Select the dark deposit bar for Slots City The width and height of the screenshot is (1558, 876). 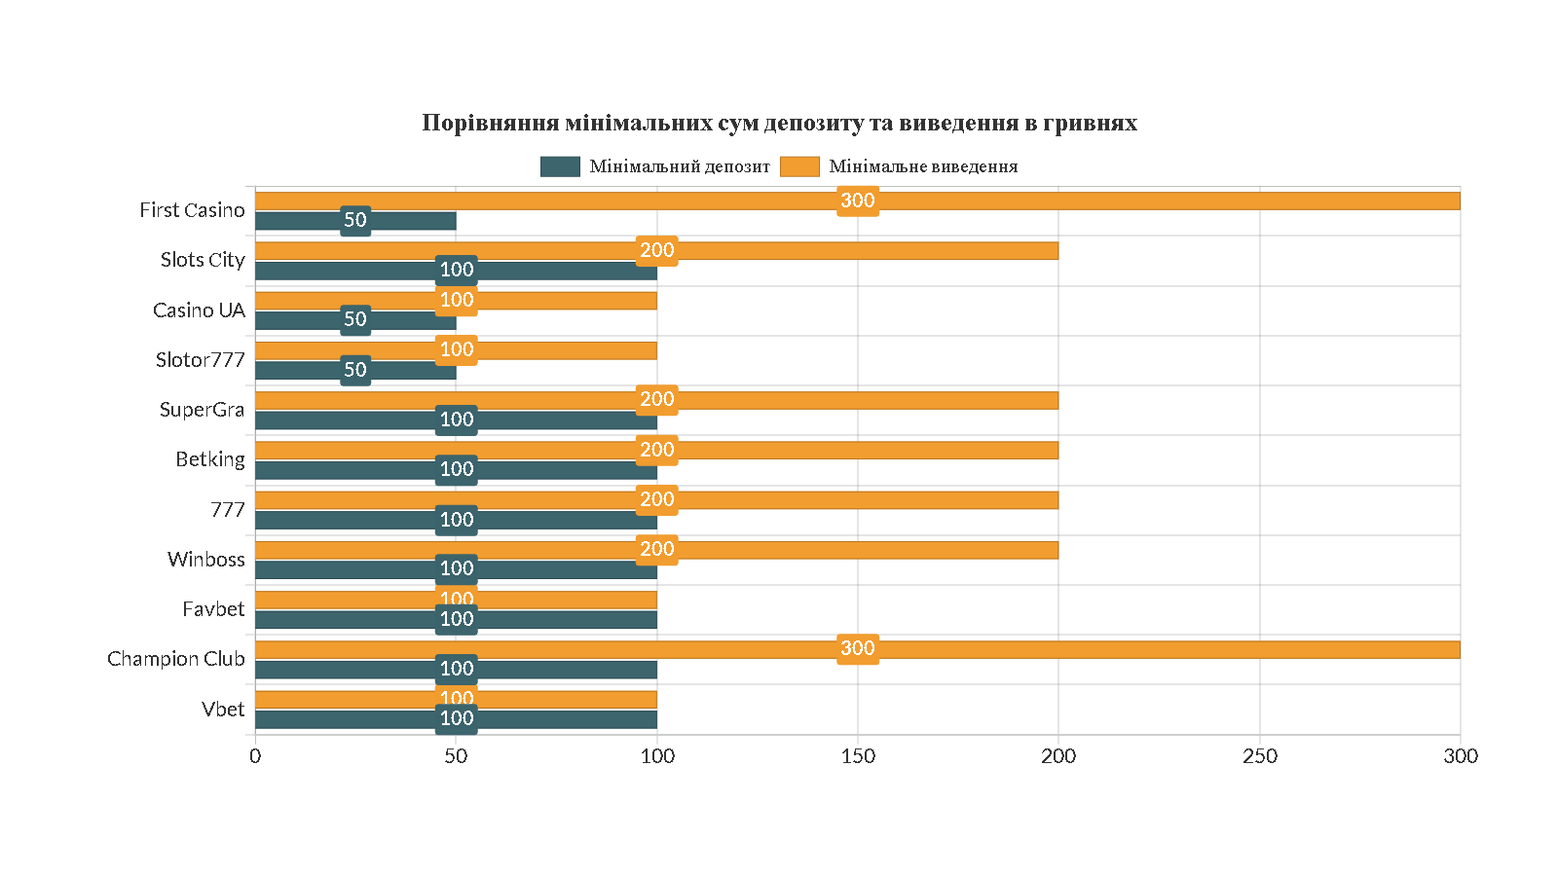pos(545,271)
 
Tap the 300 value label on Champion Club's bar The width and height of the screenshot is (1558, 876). pos(858,648)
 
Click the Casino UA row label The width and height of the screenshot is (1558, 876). pos(199,310)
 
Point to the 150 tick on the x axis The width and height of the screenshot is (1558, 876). pos(858,756)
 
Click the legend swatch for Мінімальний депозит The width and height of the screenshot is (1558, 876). pos(560,166)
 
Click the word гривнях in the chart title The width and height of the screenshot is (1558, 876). pos(1090,123)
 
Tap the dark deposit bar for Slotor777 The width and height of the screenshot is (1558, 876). pos(409,371)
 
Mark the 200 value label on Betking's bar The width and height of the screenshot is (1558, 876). pos(657,450)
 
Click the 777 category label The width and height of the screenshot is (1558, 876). pos(228,510)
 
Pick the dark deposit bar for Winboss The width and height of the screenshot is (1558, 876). pos(565,569)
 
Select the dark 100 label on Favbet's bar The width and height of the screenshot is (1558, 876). pos(457,619)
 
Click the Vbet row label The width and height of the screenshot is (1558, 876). pos(223,710)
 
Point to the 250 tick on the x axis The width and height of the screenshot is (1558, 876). pos(1259,756)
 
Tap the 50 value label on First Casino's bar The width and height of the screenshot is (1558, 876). pos(355,220)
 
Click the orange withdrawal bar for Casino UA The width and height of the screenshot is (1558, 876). pos(565,301)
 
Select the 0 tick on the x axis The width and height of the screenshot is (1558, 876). pos(255,756)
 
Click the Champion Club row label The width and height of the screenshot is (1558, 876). pos(176,659)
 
